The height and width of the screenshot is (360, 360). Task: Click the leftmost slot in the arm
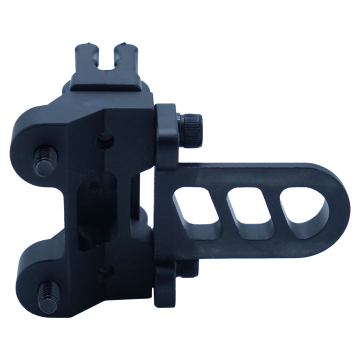[x=197, y=212]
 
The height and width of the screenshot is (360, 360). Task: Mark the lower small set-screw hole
[x=104, y=273]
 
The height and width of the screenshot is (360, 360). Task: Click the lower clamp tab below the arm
[x=165, y=285]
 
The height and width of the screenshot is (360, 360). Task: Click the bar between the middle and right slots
[x=277, y=212]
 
